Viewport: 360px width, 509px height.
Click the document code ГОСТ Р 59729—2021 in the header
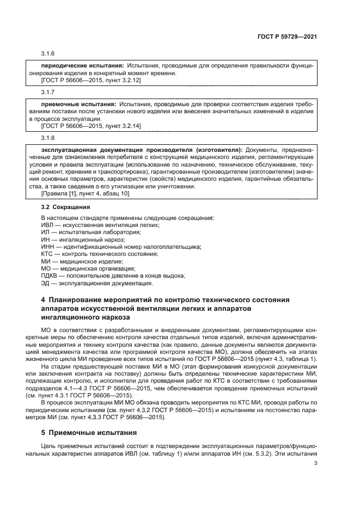[x=288, y=37]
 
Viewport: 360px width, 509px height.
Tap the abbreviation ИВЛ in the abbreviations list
[x=47, y=224]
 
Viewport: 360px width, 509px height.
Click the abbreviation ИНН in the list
[x=48, y=247]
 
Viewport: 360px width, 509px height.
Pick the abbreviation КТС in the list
[x=48, y=254]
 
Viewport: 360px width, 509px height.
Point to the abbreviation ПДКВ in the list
[x=50, y=275]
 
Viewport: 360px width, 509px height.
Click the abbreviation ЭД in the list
[x=46, y=283]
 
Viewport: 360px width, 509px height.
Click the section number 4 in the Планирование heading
[x=44, y=300]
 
